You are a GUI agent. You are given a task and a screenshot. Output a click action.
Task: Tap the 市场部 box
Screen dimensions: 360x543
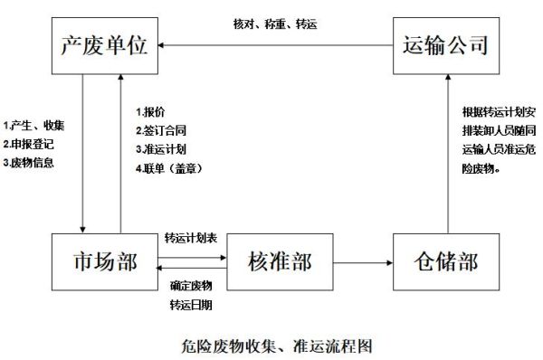pos(103,261)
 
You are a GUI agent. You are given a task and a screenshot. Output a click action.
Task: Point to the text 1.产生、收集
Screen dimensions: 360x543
pos(33,124)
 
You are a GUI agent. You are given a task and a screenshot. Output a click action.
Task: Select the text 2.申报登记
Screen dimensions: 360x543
pos(30,144)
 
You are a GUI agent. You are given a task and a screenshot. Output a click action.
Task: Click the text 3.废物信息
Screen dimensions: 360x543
pos(30,163)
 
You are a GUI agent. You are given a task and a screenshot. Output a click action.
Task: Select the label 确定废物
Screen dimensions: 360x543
pos(190,286)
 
